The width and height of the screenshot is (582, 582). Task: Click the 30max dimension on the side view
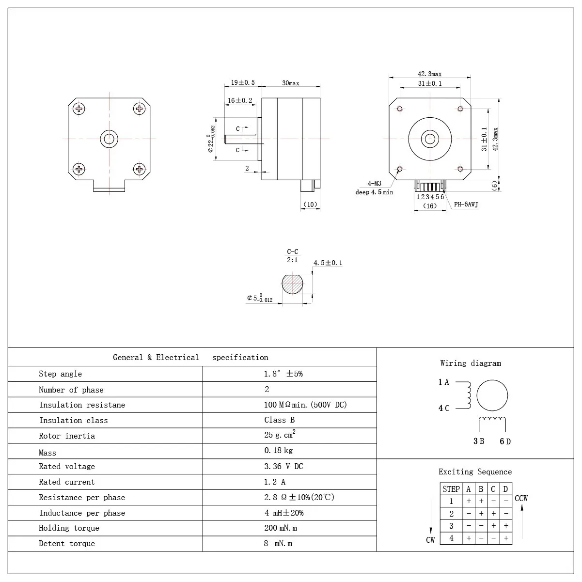[291, 83]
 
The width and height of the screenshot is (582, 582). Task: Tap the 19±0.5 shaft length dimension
[243, 83]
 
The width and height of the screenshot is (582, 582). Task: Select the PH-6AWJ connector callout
[466, 205]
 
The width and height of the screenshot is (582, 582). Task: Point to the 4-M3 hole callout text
[374, 184]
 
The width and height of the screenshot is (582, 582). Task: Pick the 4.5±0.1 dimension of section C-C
[328, 263]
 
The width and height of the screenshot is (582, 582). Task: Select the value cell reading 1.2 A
[275, 482]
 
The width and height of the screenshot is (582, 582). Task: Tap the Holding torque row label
[69, 528]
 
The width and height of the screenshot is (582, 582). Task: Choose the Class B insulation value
[279, 420]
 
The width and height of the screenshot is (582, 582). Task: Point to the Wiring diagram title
[470, 363]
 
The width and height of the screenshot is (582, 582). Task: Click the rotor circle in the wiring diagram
[492, 395]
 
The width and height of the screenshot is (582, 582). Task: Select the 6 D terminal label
[505, 441]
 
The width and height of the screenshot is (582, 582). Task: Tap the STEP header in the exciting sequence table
[451, 489]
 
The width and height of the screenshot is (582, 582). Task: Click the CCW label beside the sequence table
[521, 498]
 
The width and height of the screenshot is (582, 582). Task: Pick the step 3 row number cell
[451, 526]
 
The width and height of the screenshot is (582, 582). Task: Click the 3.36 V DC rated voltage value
[283, 467]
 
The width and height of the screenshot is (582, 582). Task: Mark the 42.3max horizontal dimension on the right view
[429, 74]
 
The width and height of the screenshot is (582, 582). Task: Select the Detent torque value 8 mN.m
[278, 544]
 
